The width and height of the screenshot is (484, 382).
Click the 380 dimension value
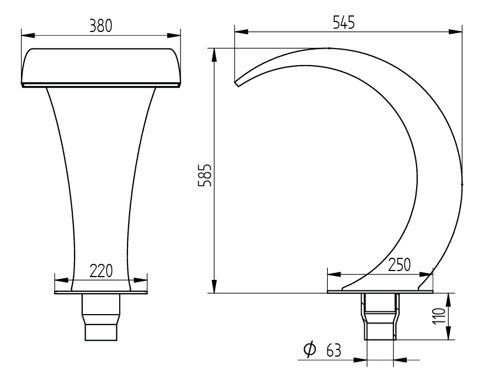(100, 25)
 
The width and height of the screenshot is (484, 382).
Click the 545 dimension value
(344, 22)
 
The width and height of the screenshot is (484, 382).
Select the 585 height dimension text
(205, 175)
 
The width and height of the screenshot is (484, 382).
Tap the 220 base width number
(101, 271)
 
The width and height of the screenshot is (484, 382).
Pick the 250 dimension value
(399, 265)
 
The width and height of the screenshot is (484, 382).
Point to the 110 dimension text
(439, 316)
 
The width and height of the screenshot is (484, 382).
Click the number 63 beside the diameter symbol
(333, 351)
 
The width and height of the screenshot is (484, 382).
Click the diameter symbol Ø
(310, 349)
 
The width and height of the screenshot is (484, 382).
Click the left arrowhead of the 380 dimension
(28, 35)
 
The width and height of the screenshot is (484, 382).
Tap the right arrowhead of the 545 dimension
(456, 31)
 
